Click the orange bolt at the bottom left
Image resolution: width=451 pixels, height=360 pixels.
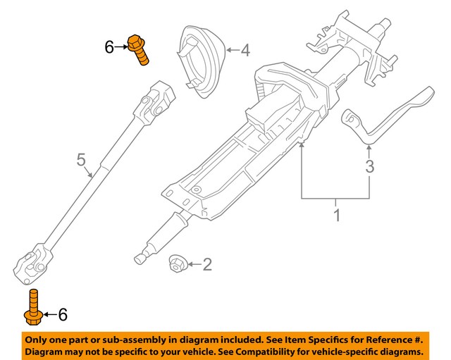tap(32, 307)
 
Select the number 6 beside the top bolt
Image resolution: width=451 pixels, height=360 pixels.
tap(109, 47)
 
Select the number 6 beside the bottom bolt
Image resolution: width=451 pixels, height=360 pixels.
tap(63, 315)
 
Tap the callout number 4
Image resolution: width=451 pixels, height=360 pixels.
tap(245, 50)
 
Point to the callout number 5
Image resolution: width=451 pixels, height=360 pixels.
tap(80, 160)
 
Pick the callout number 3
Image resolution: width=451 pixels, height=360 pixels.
tap(370, 167)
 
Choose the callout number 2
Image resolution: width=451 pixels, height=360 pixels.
tap(206, 265)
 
